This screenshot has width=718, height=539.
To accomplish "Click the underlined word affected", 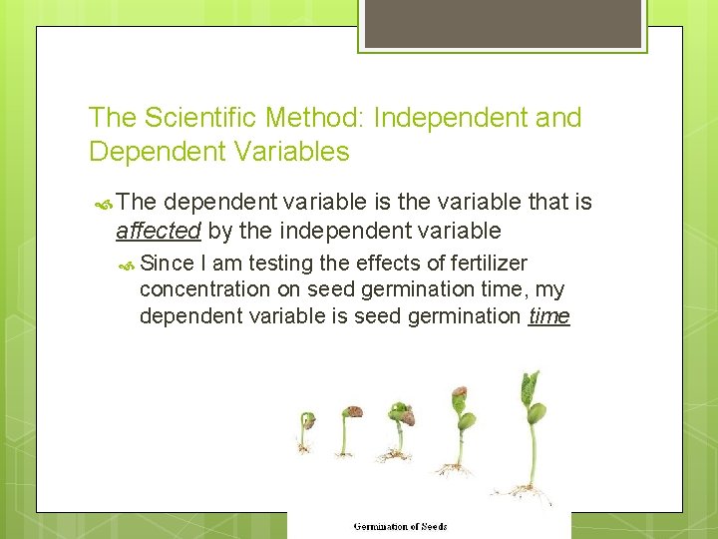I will tap(159, 231).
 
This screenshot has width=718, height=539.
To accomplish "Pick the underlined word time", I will tap(548, 316).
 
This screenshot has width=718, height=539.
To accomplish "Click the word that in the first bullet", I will tap(547, 203).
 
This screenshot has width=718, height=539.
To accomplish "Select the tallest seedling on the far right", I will tap(531, 429).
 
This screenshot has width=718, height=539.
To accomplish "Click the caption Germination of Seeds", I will tap(400, 526).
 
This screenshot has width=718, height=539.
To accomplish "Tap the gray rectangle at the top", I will tap(502, 23).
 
